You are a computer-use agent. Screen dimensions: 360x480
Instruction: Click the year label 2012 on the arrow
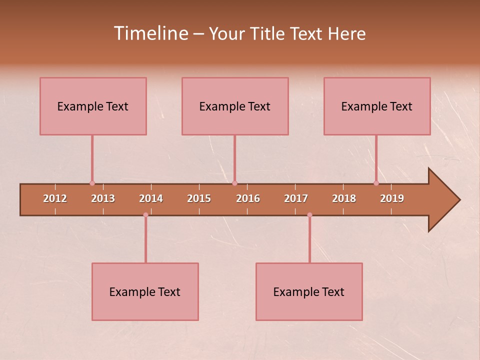coord(55,198)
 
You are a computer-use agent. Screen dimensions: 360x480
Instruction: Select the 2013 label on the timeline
coord(103,198)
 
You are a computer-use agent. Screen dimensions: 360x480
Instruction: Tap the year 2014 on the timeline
coord(151,198)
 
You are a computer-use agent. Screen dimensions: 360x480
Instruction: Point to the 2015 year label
coord(199,198)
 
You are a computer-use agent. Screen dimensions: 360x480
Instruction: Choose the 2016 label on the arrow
coord(248,198)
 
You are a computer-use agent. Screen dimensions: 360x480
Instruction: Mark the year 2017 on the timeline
coord(296,198)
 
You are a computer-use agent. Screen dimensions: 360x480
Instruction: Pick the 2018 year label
coord(344,198)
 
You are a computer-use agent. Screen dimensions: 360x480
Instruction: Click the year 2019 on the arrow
coord(392,198)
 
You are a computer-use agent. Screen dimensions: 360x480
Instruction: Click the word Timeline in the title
coord(151,33)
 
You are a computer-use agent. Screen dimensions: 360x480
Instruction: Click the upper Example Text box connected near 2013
coord(93,106)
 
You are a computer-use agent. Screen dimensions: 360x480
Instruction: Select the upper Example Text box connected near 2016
coord(235,106)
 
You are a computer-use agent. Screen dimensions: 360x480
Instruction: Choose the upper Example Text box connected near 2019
coord(377,106)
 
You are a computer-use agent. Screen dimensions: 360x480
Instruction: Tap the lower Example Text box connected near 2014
coord(145,291)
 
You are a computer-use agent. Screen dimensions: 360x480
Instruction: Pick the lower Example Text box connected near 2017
coord(309,291)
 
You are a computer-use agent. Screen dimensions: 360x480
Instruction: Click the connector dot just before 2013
coord(92,183)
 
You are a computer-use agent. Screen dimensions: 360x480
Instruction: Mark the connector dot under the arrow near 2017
coord(309,215)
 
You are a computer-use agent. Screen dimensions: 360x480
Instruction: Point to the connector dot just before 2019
coord(376,183)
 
